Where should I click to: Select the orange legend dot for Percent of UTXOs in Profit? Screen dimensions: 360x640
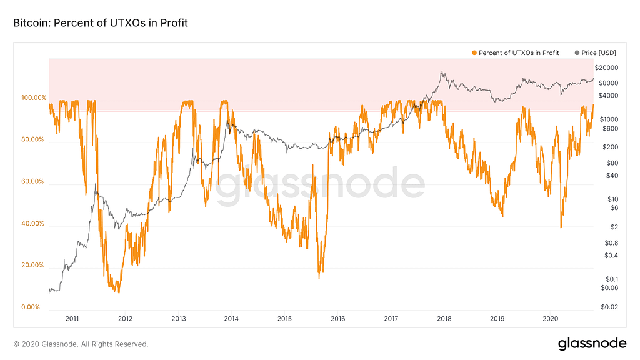(474, 52)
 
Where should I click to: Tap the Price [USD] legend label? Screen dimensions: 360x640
(599, 52)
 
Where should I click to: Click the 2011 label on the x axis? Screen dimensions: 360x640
(72, 318)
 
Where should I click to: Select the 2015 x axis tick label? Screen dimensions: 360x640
(284, 318)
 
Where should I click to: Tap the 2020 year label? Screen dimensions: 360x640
(550, 318)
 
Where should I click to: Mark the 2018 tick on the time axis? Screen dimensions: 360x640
(444, 318)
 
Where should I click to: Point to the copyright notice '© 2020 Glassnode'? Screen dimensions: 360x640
(81, 344)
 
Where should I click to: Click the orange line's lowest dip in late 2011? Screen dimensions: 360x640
(118, 292)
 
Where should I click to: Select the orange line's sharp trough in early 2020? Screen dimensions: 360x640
(561, 227)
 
